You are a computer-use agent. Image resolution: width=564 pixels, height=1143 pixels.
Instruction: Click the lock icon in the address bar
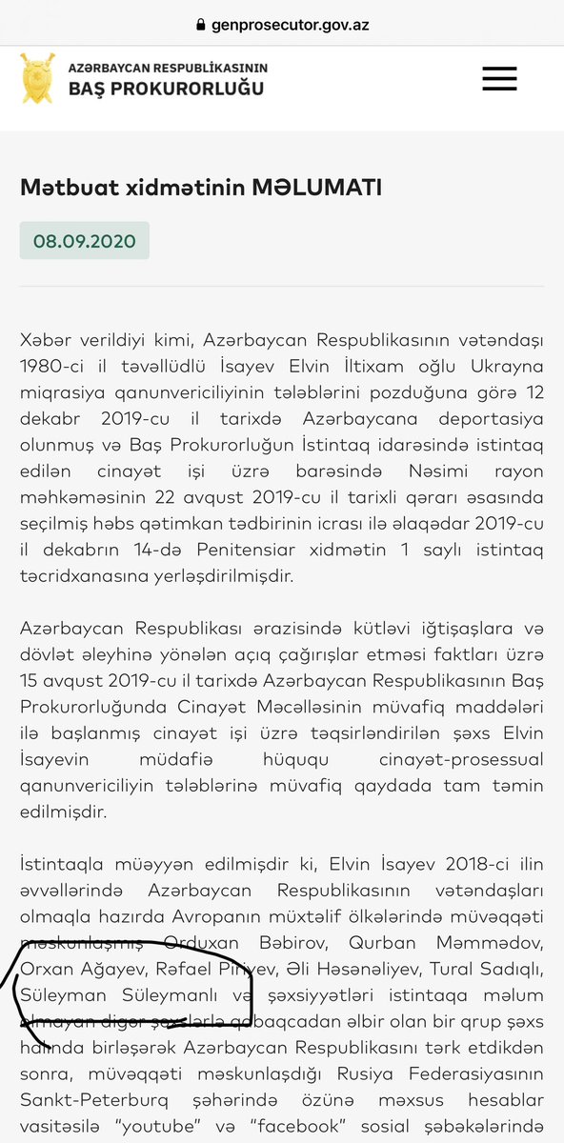pyautogui.click(x=200, y=24)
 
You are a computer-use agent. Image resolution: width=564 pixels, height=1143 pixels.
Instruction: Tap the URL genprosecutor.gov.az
pyautogui.click(x=291, y=24)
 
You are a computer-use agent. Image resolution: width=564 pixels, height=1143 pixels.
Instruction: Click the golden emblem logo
pyautogui.click(x=37, y=78)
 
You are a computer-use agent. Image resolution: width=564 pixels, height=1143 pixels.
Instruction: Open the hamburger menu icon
pyautogui.click(x=499, y=78)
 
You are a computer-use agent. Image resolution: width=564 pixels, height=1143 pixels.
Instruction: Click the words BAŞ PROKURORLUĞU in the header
pyautogui.click(x=167, y=89)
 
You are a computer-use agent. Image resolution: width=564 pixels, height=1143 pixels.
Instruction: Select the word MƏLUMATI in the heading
pyautogui.click(x=317, y=188)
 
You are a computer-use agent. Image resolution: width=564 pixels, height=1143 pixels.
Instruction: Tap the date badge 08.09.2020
pyautogui.click(x=85, y=240)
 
